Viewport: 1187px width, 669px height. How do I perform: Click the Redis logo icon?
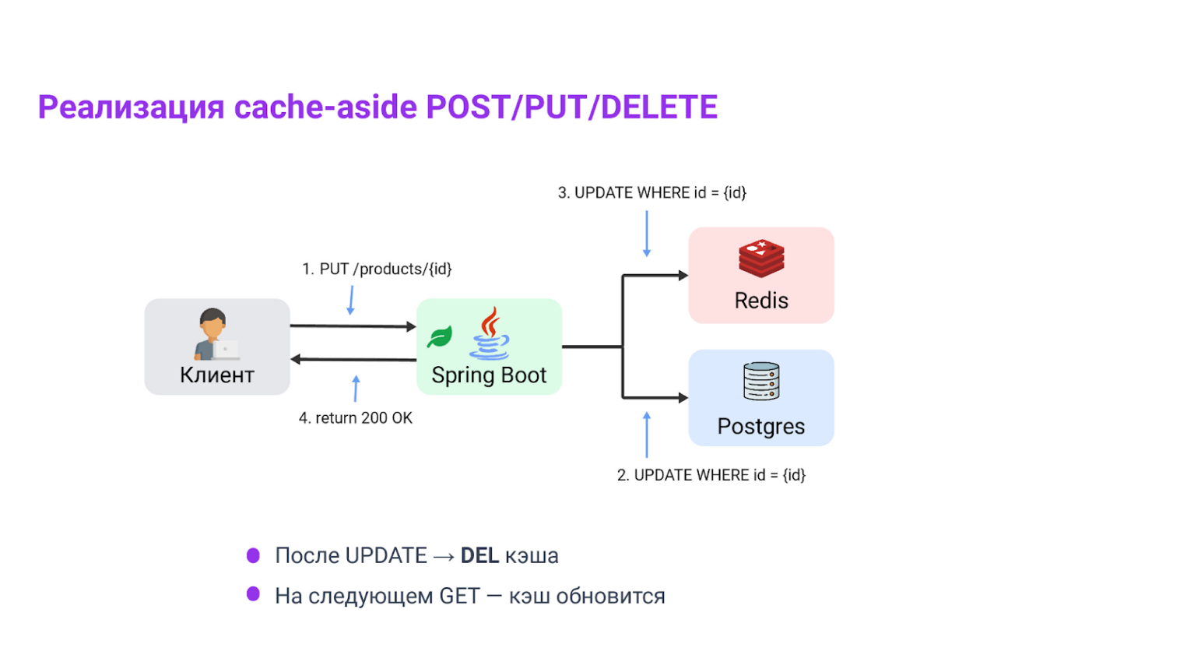(760, 259)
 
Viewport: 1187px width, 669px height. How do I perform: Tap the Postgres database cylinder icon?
(760, 382)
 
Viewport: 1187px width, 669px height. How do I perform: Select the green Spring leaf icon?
(440, 336)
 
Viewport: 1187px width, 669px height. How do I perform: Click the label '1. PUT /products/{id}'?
(377, 269)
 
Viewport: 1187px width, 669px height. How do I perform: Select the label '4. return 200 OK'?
(356, 418)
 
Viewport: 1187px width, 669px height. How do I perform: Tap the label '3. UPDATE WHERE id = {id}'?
(651, 193)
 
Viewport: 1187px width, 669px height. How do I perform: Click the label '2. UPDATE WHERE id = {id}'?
(711, 475)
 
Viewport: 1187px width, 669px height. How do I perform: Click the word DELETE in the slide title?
(659, 107)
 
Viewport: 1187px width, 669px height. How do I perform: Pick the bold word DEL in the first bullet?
(479, 556)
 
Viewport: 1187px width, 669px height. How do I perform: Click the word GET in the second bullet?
(459, 597)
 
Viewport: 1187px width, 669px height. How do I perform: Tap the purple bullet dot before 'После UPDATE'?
(253, 555)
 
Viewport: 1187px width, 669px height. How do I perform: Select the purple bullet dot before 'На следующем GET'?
(253, 594)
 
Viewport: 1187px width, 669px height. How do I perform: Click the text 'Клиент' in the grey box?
(217, 375)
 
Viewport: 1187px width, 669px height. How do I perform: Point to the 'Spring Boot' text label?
(489, 375)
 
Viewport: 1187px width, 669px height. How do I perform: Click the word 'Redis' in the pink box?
(761, 301)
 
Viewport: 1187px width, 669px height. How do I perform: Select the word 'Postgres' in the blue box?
(760, 427)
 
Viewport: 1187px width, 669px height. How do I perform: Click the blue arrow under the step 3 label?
(646, 234)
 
